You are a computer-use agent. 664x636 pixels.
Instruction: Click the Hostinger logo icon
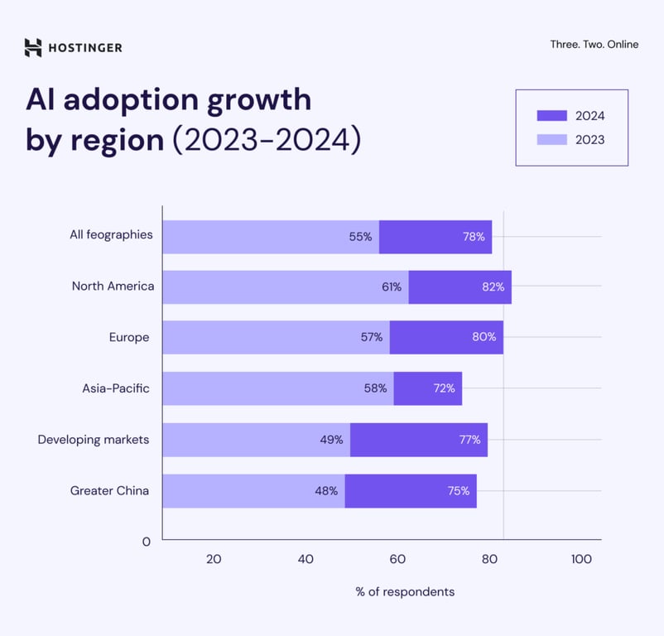point(33,47)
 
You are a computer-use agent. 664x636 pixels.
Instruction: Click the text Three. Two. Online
point(594,45)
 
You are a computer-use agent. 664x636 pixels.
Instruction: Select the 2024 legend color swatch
point(552,116)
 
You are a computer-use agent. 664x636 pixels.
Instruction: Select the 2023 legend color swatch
point(552,140)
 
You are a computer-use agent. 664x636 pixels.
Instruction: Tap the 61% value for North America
point(392,287)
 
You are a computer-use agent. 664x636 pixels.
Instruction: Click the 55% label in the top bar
point(360,237)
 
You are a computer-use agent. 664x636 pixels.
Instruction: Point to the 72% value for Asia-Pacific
point(444,388)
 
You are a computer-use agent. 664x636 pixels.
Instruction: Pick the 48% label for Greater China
point(326,491)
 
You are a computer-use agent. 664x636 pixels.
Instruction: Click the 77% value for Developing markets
point(469,440)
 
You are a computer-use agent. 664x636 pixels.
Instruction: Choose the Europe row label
point(129,337)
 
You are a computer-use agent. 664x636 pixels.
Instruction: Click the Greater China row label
point(109,491)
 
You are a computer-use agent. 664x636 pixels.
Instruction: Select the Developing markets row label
point(94,440)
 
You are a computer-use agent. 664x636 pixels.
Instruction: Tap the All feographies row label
point(111,235)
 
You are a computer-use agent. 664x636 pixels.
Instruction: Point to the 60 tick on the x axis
point(397,560)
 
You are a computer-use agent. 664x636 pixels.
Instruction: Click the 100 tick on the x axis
point(581,560)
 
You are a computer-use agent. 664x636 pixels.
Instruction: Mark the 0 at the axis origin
point(147,542)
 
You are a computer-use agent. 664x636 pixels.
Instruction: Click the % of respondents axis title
point(405,592)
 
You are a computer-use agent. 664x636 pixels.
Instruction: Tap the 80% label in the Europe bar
point(484,337)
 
